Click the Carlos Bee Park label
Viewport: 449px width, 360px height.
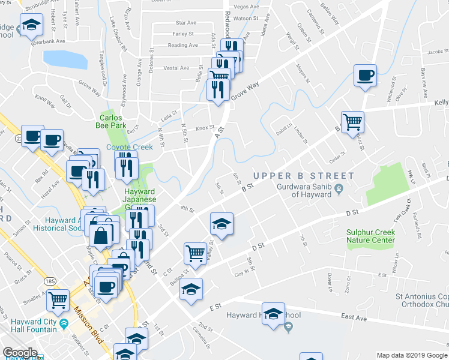click(x=110, y=122)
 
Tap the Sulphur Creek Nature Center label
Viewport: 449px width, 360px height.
click(x=370, y=236)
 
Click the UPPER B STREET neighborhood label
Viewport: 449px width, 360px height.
click(x=303, y=176)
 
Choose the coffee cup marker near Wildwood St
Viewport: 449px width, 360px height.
click(x=365, y=76)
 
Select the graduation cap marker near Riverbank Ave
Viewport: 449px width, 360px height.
click(x=30, y=26)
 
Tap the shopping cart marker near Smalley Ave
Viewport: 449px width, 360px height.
click(x=58, y=299)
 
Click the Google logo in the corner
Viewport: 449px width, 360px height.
click(x=20, y=353)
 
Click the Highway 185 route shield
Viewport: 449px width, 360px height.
click(x=46, y=281)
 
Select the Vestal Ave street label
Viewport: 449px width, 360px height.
click(x=176, y=68)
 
